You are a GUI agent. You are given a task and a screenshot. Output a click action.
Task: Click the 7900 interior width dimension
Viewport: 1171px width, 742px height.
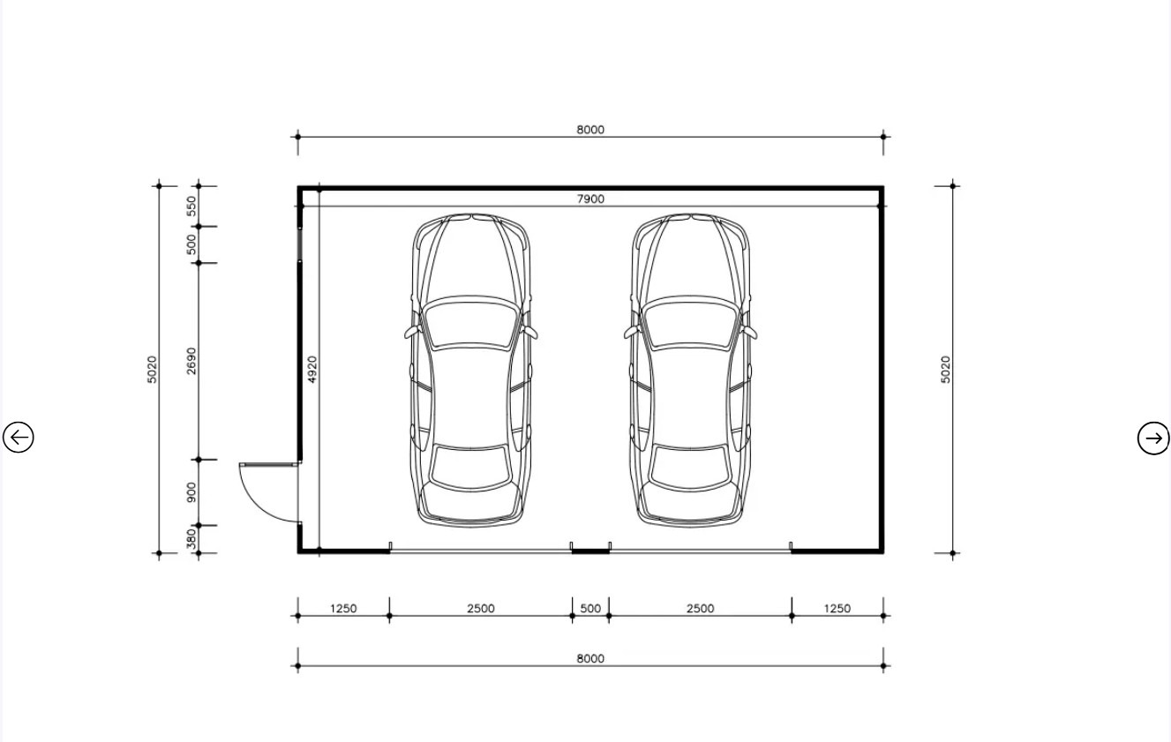pyautogui.click(x=590, y=199)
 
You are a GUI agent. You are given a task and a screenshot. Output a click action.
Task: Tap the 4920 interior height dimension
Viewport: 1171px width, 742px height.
pyautogui.click(x=312, y=370)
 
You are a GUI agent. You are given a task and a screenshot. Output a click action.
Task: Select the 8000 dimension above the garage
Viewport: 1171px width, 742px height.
pyautogui.click(x=590, y=129)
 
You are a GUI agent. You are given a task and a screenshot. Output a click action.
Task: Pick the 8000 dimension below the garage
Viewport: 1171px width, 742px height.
pyautogui.click(x=590, y=658)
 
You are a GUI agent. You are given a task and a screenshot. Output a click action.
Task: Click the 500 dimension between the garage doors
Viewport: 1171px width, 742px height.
pyautogui.click(x=590, y=608)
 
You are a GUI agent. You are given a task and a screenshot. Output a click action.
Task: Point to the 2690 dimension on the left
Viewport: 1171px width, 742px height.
pyautogui.click(x=191, y=361)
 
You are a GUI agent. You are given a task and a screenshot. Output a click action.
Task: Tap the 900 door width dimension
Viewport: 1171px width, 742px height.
pyautogui.click(x=191, y=492)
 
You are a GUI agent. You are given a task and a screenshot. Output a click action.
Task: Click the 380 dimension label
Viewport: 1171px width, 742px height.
pyautogui.click(x=191, y=539)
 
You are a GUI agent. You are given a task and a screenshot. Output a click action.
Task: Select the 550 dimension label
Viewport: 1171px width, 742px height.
pyautogui.click(x=191, y=206)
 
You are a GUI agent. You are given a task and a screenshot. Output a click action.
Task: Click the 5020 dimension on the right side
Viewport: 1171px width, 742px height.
pyautogui.click(x=946, y=370)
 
